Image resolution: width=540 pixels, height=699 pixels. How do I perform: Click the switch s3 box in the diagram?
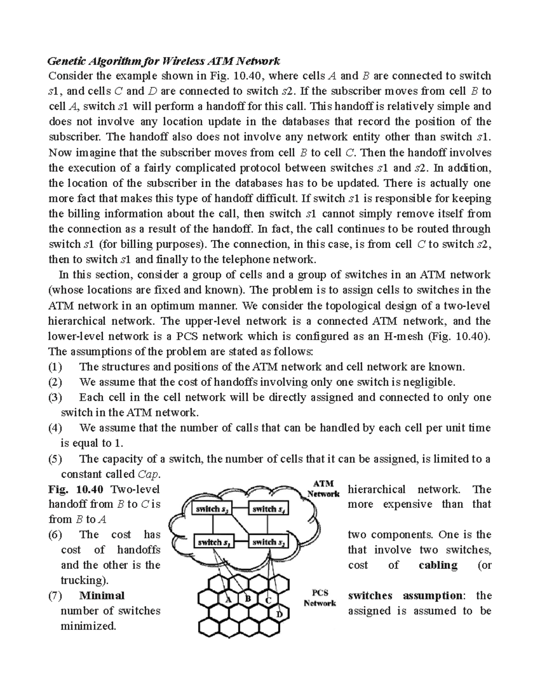coord(213,509)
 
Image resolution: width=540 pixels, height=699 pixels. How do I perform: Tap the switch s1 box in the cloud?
coord(213,542)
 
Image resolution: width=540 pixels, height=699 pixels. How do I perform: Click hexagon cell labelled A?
coord(228,600)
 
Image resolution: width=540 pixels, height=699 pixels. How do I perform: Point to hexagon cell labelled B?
coord(247,599)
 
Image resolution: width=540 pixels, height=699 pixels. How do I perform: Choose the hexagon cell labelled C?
coord(268,600)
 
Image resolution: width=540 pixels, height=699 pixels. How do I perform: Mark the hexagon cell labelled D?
coord(279,614)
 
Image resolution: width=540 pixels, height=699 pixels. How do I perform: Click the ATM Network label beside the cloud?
coord(323,488)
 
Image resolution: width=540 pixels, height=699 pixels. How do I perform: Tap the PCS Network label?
coord(319,598)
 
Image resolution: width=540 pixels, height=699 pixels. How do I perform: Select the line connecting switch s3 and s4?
coord(241,509)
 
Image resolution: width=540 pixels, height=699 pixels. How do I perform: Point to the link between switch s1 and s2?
coord(241,542)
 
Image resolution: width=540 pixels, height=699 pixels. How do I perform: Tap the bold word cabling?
coord(437,565)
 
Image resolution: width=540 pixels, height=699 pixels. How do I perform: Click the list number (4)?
coord(55,428)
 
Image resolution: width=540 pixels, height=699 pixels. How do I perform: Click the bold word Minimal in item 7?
coord(101,595)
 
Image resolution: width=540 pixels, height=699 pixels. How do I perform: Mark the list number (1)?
coord(55,367)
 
